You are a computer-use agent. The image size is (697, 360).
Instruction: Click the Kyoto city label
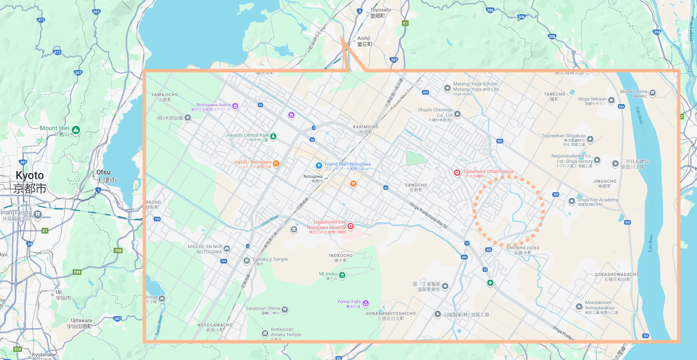tap(30, 176)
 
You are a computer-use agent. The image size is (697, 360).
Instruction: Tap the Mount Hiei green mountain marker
tap(76, 130)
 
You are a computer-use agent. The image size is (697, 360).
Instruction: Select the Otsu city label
tap(104, 172)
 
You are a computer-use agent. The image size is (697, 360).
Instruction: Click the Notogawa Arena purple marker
tap(235, 106)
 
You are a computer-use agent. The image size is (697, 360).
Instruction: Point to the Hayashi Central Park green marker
tap(273, 136)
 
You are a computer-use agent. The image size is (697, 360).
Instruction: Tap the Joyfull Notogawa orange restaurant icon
tap(276, 163)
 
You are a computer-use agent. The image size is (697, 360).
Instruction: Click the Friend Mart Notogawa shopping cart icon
tap(319, 166)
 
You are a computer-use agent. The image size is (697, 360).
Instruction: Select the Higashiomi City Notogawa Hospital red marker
tap(350, 226)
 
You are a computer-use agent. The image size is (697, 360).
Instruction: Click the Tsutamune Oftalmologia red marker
tap(457, 173)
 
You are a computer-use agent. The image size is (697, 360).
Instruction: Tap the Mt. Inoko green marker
tap(342, 275)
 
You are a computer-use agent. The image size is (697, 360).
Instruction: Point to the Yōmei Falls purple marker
tap(366, 303)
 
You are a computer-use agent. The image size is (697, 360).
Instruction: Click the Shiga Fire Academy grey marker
tap(572, 201)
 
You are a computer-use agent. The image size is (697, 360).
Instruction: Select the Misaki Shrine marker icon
tap(653, 93)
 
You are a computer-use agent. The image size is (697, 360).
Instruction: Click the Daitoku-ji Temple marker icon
tap(247, 261)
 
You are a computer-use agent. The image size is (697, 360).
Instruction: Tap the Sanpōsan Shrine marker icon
tap(284, 309)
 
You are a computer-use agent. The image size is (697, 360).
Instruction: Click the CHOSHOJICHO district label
tap(523, 248)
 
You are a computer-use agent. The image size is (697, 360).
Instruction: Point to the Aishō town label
tap(364, 38)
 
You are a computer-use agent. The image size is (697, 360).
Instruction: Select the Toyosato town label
tap(380, 10)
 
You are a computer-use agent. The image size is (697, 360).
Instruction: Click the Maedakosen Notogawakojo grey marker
tap(579, 307)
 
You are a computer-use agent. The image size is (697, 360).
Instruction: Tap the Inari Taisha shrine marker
tap(38, 214)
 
